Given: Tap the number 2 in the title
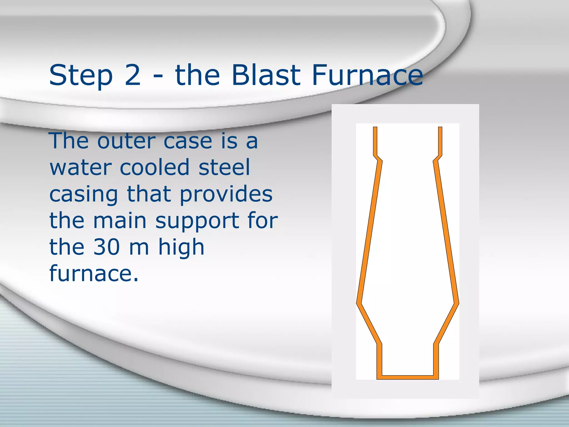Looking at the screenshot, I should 133,75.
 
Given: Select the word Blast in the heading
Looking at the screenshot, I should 266,75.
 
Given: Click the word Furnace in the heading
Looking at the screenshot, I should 367,75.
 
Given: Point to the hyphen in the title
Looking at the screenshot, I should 158,77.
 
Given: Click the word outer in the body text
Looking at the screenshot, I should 126,141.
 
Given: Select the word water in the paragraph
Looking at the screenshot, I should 81,168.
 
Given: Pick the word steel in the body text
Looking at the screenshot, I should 224,168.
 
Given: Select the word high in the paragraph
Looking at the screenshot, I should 181,247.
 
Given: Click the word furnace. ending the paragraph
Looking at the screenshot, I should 94,274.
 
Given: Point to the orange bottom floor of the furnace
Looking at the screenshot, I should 408,377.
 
